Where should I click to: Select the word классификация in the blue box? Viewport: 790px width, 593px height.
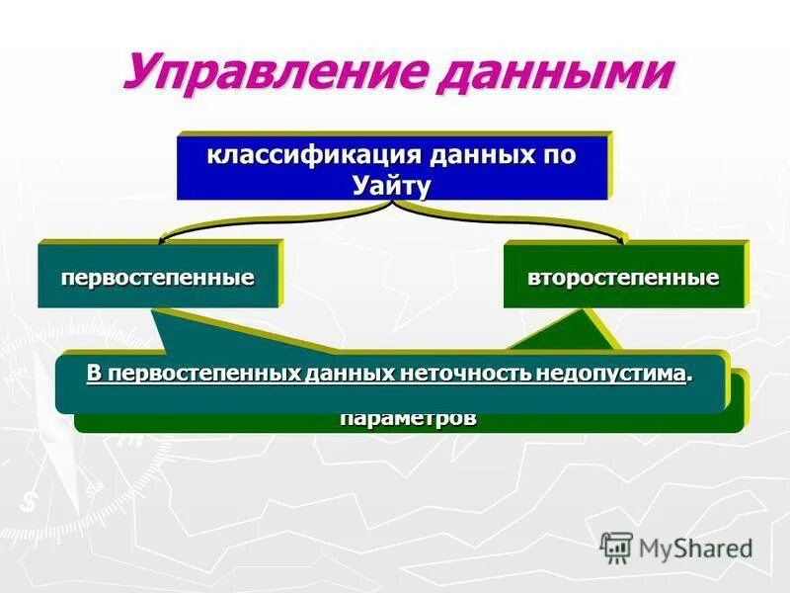pyautogui.click(x=302, y=156)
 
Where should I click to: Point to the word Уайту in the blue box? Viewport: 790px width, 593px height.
pyautogui.click(x=392, y=185)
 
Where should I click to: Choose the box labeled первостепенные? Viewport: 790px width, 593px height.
pyautogui.click(x=158, y=278)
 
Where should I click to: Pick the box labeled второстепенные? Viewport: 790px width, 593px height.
pyautogui.click(x=623, y=278)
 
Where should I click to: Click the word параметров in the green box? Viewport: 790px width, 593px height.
pyautogui.click(x=408, y=418)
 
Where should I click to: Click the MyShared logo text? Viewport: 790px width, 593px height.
pyautogui.click(x=696, y=548)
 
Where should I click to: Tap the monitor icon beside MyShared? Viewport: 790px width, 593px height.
pyautogui.click(x=616, y=547)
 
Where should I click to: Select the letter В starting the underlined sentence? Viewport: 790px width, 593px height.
pyautogui.click(x=94, y=374)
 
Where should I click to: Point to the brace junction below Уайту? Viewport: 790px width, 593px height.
pyautogui.click(x=394, y=206)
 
